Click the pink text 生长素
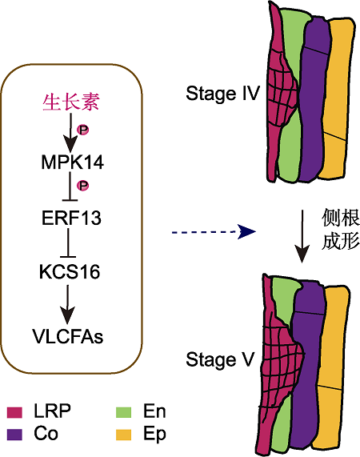coord(71,102)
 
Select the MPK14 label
coord(73,162)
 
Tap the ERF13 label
coord(71,218)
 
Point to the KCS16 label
coord(70,271)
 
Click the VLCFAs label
coord(68,336)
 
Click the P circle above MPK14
coord(82,130)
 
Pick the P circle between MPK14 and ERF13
coord(82,186)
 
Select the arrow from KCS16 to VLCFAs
coord(68,304)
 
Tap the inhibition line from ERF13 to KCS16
coord(68,243)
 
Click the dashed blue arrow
coord(214,232)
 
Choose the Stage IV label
coord(222,94)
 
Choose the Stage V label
coord(220,359)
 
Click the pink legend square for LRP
coord(14,412)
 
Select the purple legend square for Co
coord(14,435)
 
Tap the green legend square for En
coord(123,412)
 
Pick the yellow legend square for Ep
coord(123,435)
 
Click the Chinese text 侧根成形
coord(341,229)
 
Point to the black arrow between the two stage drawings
coord(302,236)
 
